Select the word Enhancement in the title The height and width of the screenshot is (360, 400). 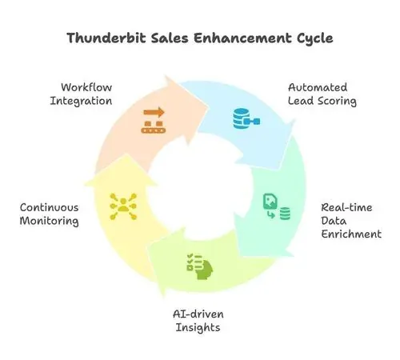[242, 38]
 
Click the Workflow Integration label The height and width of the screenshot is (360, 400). [81, 94]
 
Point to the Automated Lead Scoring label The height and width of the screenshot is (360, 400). [322, 94]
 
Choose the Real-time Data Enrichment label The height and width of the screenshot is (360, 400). [351, 221]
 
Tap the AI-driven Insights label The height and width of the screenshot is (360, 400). [198, 321]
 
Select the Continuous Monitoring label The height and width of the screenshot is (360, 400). [50, 214]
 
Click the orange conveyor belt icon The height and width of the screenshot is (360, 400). [154, 120]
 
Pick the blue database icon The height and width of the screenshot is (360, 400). [246, 118]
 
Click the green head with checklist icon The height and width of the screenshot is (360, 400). [200, 266]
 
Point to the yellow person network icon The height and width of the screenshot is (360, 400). [123, 206]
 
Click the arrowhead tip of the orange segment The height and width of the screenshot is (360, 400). [208, 107]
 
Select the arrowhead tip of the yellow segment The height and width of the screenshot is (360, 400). [126, 154]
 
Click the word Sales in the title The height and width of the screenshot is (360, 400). [170, 38]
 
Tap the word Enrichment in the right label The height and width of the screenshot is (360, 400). [351, 234]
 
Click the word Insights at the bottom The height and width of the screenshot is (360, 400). [198, 327]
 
